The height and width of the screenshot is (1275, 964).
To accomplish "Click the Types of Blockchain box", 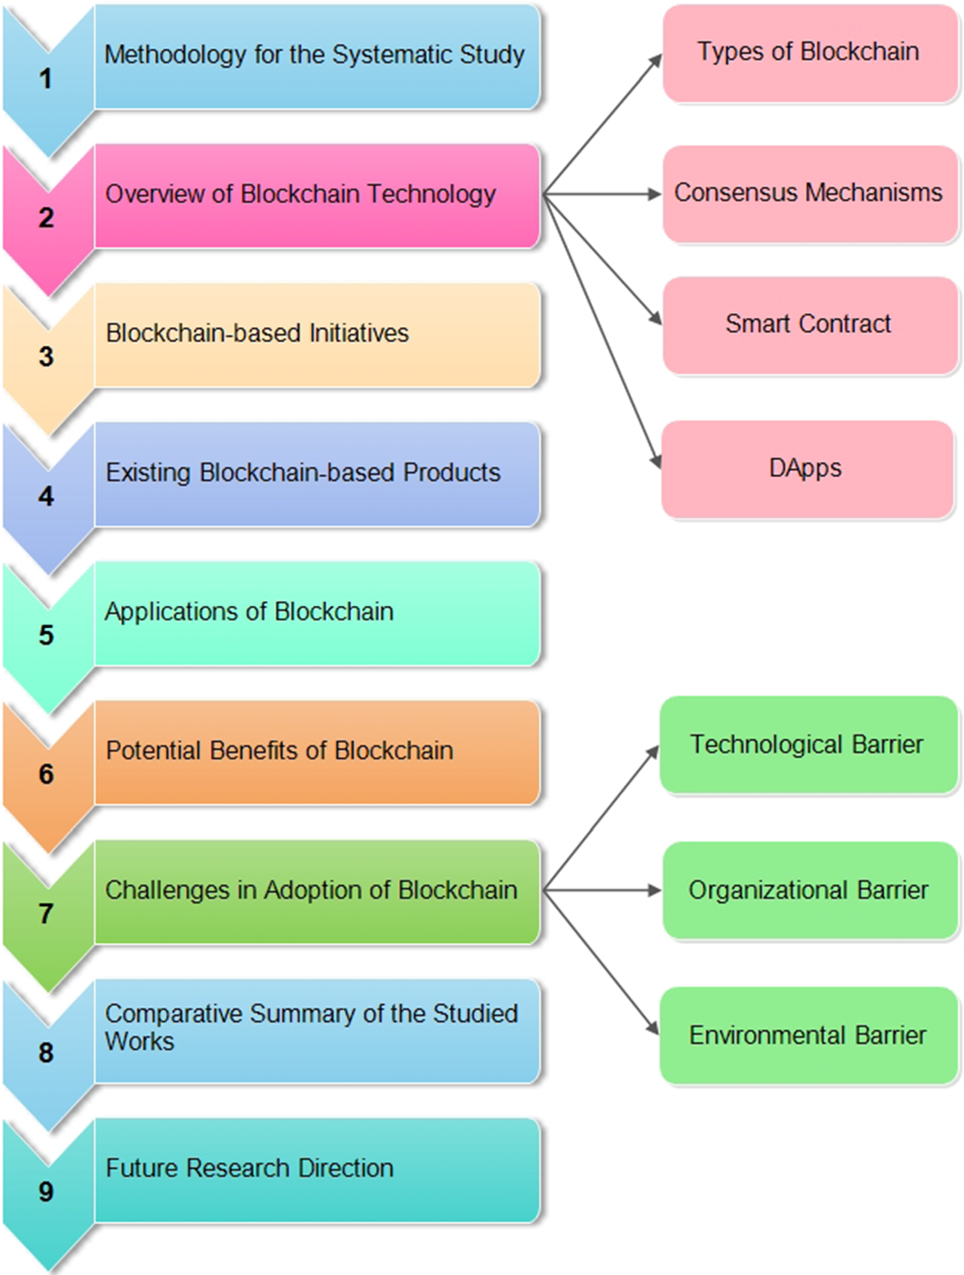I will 809,53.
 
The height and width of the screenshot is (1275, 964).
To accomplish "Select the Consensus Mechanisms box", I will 809,193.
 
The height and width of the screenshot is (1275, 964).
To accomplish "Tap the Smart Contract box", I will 809,325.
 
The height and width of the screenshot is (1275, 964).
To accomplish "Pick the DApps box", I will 805,469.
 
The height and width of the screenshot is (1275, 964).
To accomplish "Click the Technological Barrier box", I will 807,745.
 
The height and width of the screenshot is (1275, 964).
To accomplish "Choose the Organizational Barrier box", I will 809,891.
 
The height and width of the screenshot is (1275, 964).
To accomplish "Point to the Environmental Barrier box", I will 807,1036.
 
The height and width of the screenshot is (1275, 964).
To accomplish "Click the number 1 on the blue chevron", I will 45,80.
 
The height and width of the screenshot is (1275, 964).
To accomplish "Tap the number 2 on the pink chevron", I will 45,219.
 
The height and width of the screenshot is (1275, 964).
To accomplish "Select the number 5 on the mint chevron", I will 45,636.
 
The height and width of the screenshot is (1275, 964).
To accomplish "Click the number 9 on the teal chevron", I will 45,1192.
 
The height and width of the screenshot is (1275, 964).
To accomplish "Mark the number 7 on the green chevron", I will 45,914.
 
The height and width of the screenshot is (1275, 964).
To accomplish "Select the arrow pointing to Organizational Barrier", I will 603,891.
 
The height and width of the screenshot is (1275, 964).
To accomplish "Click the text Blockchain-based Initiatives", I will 258,334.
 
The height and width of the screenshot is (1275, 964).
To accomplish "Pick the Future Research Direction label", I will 249,1168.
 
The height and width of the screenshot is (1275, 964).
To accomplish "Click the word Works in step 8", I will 139,1042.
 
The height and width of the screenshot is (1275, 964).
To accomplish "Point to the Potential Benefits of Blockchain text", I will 279,751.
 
